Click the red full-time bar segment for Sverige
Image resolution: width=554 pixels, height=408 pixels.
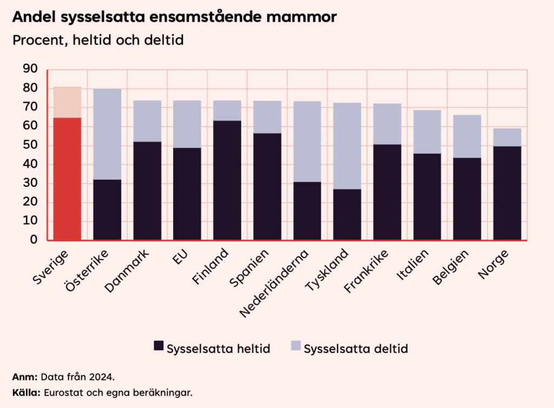67,179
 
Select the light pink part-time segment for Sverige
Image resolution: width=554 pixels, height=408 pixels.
67,102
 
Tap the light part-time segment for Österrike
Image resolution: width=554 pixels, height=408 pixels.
107,134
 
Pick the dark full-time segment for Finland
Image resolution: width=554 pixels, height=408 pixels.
227,180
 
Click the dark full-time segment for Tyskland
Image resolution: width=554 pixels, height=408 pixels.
347,214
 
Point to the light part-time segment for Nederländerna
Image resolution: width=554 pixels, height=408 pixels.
307,141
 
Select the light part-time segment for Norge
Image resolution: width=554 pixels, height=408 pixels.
507,137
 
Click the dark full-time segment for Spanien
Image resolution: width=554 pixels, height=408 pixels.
267,186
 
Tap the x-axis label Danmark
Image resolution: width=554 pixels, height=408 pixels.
126,271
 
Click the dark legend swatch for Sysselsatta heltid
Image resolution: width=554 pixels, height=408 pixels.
159,346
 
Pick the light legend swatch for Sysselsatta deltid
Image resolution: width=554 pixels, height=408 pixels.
295,346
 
